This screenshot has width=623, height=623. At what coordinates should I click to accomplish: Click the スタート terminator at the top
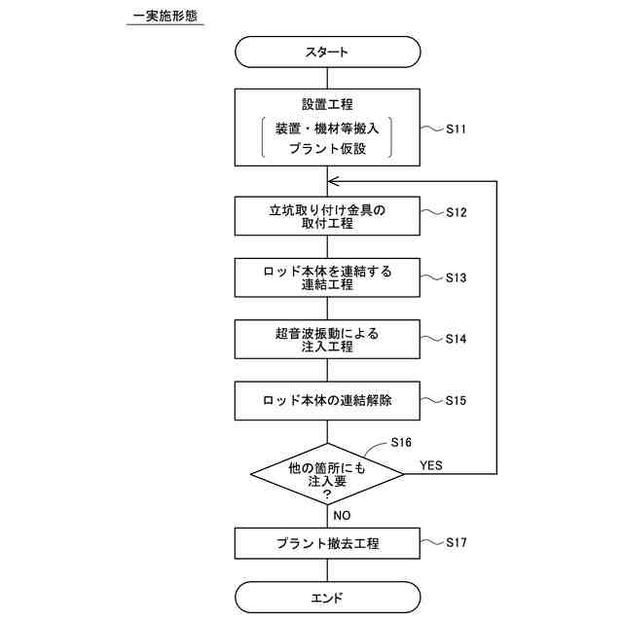pos(327,52)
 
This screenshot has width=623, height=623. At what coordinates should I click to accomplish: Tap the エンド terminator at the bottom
pos(327,598)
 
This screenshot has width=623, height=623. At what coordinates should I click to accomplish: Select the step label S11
pos(458,128)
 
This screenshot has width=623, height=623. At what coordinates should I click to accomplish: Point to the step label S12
pos(458,212)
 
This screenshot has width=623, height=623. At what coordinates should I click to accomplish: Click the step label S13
pos(458,277)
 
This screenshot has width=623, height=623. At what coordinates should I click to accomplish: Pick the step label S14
pos(458,339)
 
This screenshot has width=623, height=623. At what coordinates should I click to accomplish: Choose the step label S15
pos(458,400)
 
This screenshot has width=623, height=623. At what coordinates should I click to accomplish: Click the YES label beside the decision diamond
pos(430,465)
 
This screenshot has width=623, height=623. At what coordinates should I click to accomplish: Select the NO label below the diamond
pos(342,515)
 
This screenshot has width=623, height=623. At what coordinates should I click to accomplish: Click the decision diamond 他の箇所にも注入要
pos(327,474)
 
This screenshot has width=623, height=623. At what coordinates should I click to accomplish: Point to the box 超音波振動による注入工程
pos(327,340)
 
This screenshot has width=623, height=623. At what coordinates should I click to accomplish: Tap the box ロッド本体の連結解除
pos(327,400)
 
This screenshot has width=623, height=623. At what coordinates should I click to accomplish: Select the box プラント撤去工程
pos(327,543)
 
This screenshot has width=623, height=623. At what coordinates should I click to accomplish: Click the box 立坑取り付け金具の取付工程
pos(327,216)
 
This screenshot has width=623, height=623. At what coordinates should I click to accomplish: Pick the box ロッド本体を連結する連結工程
pos(327,278)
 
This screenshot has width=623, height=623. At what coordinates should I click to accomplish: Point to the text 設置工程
pos(327,104)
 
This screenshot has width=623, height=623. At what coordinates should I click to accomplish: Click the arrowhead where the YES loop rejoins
pos(333,181)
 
